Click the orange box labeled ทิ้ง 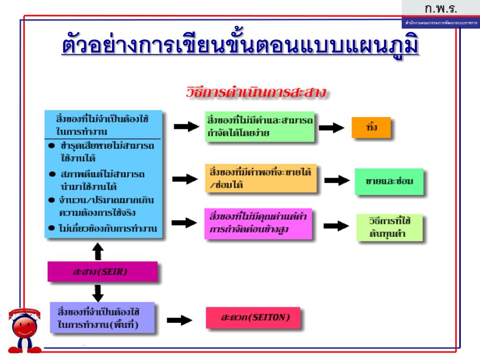(x=371, y=127)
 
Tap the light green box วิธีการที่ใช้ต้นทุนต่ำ (x=389, y=227)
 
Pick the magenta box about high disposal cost (x=258, y=223)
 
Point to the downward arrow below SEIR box (x=98, y=293)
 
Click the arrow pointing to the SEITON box (x=180, y=319)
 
